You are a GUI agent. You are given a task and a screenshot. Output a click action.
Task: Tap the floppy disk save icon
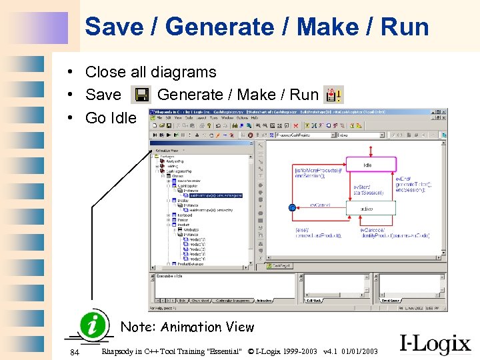141,95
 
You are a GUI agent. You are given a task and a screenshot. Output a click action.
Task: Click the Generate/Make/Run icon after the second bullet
333,95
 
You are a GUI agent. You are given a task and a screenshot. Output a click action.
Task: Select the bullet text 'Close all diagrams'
151,72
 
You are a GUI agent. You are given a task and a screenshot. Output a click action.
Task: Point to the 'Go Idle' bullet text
110,118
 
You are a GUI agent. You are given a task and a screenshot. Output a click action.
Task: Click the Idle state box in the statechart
369,164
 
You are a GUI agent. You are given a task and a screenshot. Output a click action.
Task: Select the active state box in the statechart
370,209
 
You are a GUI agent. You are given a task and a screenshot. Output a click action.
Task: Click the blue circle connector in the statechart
292,209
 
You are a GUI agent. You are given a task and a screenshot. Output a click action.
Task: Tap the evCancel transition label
320,205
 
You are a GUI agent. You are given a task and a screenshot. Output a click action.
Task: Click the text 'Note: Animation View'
187,327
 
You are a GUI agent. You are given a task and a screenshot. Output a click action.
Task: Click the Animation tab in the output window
264,301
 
